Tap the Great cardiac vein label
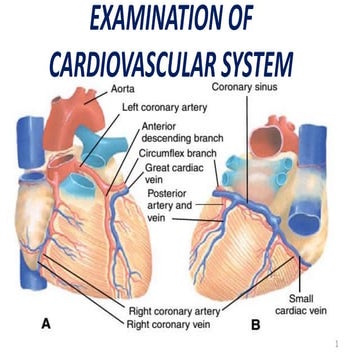(172, 175)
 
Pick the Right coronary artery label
(175, 312)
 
